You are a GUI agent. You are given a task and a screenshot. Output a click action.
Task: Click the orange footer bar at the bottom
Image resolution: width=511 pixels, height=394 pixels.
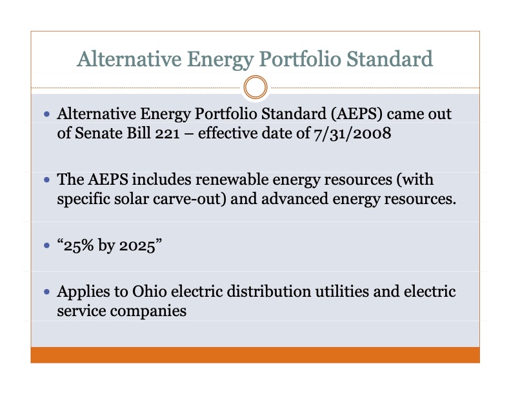(x=255, y=355)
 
